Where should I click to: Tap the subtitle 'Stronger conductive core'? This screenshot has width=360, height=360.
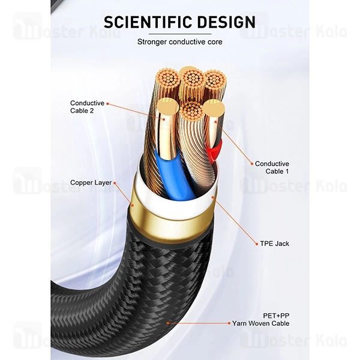point(179,42)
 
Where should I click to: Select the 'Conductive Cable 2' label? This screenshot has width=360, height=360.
point(87,107)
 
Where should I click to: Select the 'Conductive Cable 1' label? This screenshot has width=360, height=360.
point(272,167)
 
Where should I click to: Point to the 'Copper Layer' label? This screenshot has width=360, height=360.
point(90,182)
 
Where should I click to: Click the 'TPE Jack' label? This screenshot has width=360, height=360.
point(274,244)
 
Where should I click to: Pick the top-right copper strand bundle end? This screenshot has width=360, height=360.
point(214,80)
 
